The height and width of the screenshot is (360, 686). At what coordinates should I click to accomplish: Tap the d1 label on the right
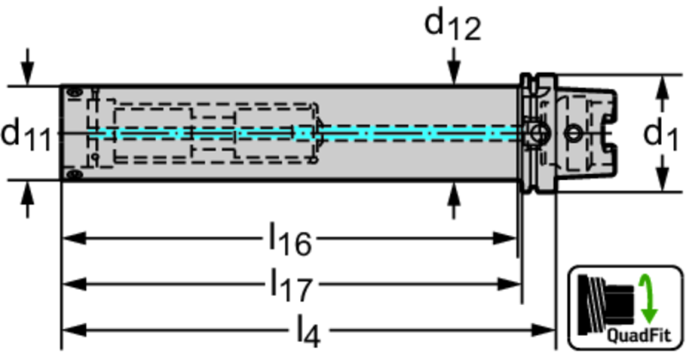pyautogui.click(x=661, y=134)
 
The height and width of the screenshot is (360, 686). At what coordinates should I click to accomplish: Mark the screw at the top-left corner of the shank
pyautogui.click(x=75, y=90)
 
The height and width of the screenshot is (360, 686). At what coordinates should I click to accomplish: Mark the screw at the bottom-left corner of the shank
pyautogui.click(x=75, y=175)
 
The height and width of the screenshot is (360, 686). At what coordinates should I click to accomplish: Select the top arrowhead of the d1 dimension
pyautogui.click(x=661, y=84)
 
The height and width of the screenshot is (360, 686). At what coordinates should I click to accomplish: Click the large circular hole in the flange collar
pyautogui.click(x=538, y=133)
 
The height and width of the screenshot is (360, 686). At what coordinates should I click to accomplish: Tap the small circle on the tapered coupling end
pyautogui.click(x=572, y=133)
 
